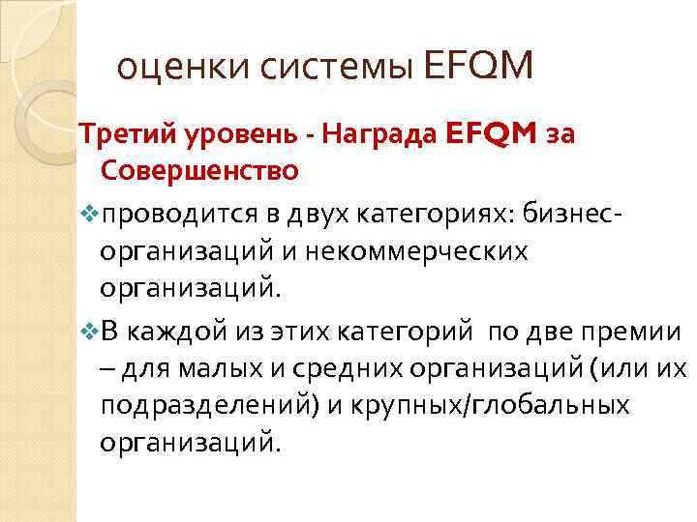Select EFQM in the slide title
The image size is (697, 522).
coord(478,67)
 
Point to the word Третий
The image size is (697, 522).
coord(118,136)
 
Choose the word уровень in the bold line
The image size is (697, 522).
coord(225,136)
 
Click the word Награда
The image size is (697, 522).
coord(365,135)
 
